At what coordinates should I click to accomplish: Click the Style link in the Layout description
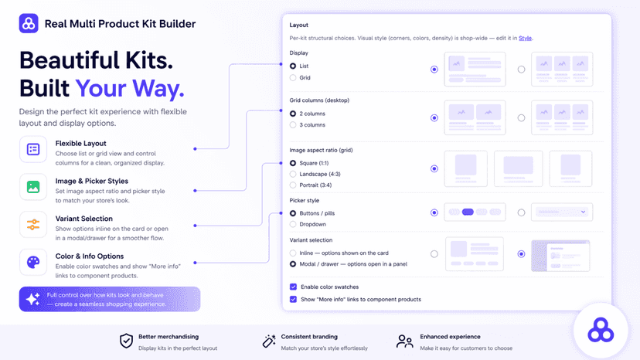[525, 38]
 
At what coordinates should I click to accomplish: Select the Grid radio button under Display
[293, 77]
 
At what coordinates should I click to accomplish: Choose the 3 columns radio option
[293, 125]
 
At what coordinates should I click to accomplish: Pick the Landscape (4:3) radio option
[293, 174]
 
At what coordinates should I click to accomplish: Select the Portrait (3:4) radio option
[293, 185]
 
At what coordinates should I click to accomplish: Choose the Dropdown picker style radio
[293, 224]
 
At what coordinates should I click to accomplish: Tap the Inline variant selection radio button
[293, 253]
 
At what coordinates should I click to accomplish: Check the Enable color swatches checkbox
[293, 287]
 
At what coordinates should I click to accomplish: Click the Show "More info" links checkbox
[293, 299]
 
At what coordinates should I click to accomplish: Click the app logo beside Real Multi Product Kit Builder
[29, 24]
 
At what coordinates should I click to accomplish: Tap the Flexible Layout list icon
[33, 149]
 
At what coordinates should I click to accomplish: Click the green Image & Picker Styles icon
[33, 187]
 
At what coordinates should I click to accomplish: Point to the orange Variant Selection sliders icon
[33, 225]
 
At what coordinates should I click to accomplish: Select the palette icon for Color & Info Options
[33, 262]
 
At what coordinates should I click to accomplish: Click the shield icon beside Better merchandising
[126, 341]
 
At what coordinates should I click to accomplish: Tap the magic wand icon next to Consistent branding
[269, 341]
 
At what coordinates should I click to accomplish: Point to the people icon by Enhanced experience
[404, 341]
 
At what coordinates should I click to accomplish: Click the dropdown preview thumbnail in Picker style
[562, 212]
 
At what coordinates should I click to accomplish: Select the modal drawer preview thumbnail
[560, 256]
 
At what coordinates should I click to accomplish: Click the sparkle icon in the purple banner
[32, 299]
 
